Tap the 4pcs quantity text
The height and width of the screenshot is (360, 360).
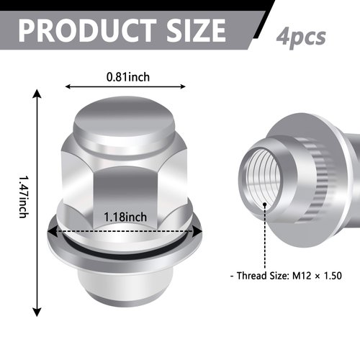[x=301, y=36]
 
